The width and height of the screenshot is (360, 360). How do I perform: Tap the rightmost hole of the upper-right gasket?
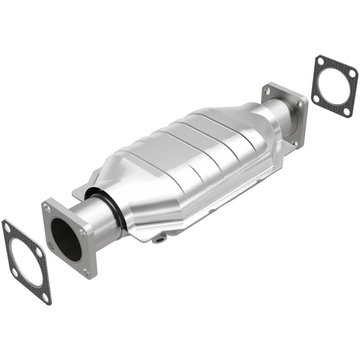[352, 73]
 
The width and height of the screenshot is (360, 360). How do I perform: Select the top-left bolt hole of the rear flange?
[268, 91]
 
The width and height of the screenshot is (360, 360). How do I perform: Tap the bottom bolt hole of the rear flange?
[295, 143]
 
